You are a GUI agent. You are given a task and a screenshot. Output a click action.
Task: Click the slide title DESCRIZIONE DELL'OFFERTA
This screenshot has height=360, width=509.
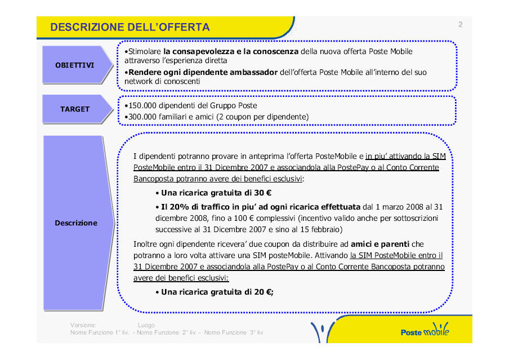[x=130, y=27]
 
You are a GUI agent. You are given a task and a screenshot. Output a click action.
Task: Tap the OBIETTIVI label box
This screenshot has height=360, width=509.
[x=74, y=65]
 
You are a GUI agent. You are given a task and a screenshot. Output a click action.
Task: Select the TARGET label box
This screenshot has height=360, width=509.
[x=74, y=109]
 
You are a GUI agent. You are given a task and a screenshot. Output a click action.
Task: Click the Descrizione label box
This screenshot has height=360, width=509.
[x=75, y=223]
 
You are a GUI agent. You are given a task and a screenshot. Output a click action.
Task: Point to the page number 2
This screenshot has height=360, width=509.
[x=460, y=24]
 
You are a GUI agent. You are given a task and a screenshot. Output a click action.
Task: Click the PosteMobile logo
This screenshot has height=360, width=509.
[x=425, y=332]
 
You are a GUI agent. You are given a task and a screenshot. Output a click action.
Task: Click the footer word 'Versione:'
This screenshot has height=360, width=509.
[x=83, y=325]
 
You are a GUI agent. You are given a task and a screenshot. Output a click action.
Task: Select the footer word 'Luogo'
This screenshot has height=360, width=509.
[x=146, y=325]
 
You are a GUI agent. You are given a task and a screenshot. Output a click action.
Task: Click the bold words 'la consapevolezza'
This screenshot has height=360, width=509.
[x=191, y=51]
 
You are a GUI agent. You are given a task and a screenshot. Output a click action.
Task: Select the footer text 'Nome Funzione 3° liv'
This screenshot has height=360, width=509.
[x=234, y=332]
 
